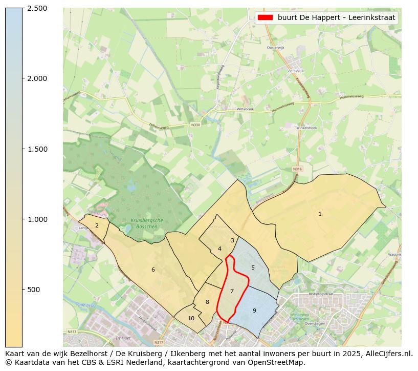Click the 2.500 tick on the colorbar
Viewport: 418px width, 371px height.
point(23,8)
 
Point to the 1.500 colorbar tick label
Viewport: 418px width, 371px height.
point(37,149)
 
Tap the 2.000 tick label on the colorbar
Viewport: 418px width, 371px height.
point(37,78)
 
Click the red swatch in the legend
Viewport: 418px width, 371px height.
point(265,17)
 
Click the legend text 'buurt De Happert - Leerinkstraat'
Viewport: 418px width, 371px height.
point(337,17)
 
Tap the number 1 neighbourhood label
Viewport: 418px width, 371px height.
point(320,214)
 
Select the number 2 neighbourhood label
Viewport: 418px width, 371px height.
point(97,225)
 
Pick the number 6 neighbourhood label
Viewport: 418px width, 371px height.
point(153,270)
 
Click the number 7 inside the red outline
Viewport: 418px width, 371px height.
point(232,291)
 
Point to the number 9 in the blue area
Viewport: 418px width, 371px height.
point(254,311)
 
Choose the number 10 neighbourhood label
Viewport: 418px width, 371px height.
point(191,318)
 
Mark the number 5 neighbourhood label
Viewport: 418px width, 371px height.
point(253,267)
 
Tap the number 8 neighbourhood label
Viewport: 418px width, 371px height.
point(207,302)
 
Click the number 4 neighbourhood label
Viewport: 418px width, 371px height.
point(219,249)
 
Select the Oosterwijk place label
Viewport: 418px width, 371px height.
point(275,48)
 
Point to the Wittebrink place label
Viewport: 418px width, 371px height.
point(245,109)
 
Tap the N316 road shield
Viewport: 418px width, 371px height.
point(298,169)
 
